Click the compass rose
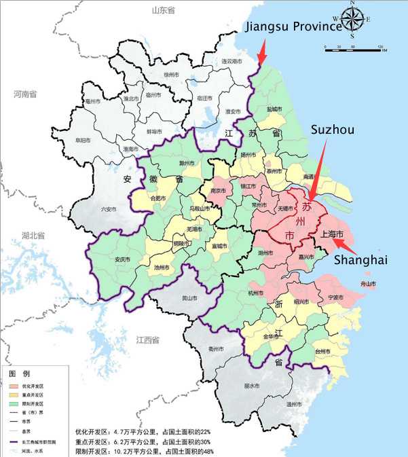pyautogui.click(x=352, y=18)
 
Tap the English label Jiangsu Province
pyautogui.click(x=293, y=26)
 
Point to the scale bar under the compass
pyautogui.click(x=353, y=48)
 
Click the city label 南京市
pyautogui.click(x=218, y=192)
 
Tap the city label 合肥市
pyautogui.click(x=157, y=198)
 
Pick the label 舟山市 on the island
pyautogui.click(x=369, y=284)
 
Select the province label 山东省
pyautogui.click(x=163, y=10)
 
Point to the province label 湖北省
pyautogui.click(x=33, y=236)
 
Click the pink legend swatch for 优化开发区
pyautogui.click(x=12, y=385)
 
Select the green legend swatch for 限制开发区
pyautogui.click(x=12, y=403)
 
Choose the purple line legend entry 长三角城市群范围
pyautogui.click(x=12, y=441)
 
